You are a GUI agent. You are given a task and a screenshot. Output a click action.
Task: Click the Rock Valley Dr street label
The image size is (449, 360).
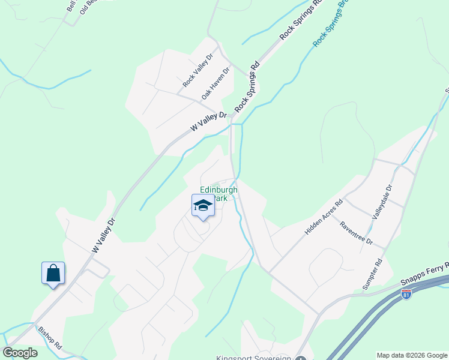[x=199, y=71]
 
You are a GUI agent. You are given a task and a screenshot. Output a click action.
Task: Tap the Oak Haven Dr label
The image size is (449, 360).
[x=216, y=83]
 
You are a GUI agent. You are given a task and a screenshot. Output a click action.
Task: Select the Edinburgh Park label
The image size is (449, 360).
[x=218, y=194]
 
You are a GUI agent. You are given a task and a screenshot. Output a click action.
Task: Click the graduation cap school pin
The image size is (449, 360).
[x=203, y=206]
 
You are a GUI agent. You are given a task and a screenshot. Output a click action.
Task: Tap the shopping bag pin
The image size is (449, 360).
[x=53, y=273]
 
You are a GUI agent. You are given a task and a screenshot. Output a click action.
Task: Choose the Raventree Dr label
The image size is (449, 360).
[x=356, y=234]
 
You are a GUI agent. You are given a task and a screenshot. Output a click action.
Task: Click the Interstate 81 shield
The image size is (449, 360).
[x=406, y=296]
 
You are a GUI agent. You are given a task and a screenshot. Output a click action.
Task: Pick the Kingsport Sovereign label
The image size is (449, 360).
[x=254, y=358]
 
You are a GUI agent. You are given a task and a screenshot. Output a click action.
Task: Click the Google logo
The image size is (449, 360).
[x=20, y=353]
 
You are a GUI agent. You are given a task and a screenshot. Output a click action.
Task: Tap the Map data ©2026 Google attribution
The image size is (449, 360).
[x=412, y=355]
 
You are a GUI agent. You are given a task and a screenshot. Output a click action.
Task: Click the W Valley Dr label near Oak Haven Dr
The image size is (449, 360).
[x=209, y=121]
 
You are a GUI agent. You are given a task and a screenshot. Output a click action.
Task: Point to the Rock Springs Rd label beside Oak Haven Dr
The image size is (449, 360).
[x=247, y=86]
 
